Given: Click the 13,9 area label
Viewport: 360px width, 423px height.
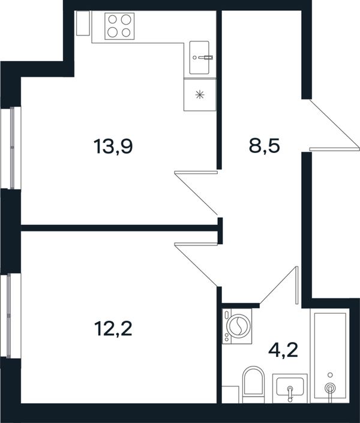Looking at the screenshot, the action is point(113,147).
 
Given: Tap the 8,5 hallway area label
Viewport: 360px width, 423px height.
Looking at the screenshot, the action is point(264,146).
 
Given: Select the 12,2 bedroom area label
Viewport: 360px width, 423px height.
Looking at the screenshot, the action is point(113,329).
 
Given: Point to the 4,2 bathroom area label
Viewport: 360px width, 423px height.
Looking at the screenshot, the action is point(283,350).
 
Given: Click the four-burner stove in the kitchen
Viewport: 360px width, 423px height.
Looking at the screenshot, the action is point(119,26).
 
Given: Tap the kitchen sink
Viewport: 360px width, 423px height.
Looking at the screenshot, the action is point(199,58).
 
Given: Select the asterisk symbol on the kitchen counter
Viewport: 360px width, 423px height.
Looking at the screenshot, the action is point(200,95).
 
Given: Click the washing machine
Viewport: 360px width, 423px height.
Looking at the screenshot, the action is point(237,326).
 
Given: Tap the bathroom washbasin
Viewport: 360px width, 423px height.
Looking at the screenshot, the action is point(290,388).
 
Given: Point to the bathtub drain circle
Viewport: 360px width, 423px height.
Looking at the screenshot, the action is point(330,375).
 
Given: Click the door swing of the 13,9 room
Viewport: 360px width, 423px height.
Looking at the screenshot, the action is point(196,193).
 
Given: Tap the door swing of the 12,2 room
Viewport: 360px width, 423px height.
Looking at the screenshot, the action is point(196,265).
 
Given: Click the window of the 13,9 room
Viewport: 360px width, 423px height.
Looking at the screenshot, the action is point(11,148).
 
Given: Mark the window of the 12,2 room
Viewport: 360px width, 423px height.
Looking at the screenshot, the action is point(11,316).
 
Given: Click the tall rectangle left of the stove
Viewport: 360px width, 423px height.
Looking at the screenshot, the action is point(83,23).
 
